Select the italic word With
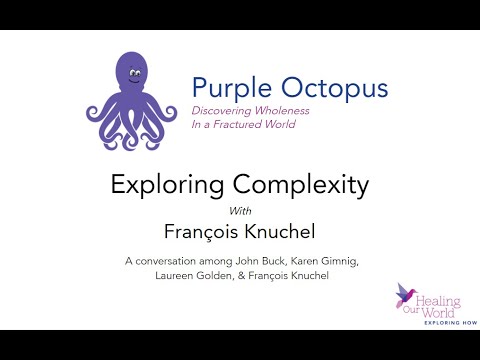(x=240, y=210)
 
